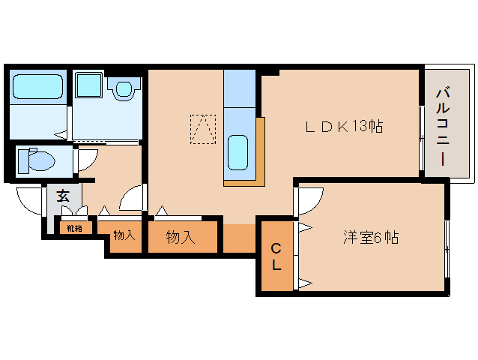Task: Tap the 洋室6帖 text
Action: [x=370, y=238]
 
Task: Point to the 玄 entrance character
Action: [x=63, y=196]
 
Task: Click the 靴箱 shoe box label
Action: [x=74, y=228]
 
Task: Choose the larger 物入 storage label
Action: [x=181, y=238]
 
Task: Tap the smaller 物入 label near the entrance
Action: [x=124, y=235]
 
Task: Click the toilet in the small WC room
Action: [x=36, y=160]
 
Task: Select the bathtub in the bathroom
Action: [x=38, y=88]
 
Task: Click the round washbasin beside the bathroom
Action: [x=123, y=89]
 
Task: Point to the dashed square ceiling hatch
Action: [x=202, y=128]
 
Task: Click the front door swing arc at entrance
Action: [x=28, y=200]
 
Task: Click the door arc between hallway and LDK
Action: [x=132, y=198]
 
